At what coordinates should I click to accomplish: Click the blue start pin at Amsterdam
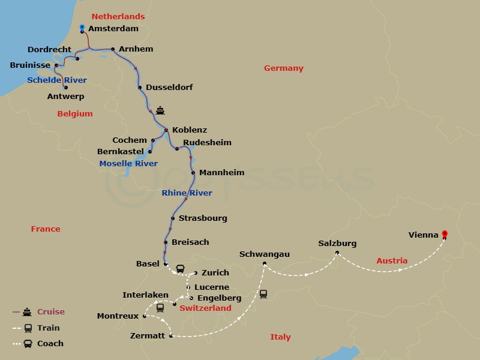(x=82, y=27)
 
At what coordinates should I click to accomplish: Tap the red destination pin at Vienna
(x=444, y=233)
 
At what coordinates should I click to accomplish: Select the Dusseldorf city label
(x=169, y=87)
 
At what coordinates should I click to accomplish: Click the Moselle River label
(x=128, y=163)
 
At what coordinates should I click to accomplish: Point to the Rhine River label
(x=187, y=193)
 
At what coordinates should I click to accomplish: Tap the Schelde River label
(x=57, y=80)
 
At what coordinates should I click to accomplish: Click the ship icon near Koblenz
(x=160, y=110)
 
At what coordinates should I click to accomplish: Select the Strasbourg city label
(x=203, y=218)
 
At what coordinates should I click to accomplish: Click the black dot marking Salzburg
(x=337, y=253)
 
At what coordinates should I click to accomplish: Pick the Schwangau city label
(x=264, y=254)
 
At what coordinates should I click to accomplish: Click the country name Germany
(x=284, y=68)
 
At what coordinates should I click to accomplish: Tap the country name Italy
(x=280, y=337)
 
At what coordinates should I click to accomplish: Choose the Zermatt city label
(x=147, y=335)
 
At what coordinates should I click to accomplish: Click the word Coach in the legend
(x=50, y=344)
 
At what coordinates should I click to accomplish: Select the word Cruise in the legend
(x=51, y=311)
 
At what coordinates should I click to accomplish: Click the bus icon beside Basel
(x=180, y=268)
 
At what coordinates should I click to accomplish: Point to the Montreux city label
(x=118, y=316)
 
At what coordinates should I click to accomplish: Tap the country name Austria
(x=392, y=260)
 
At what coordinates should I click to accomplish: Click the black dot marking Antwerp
(x=65, y=88)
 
